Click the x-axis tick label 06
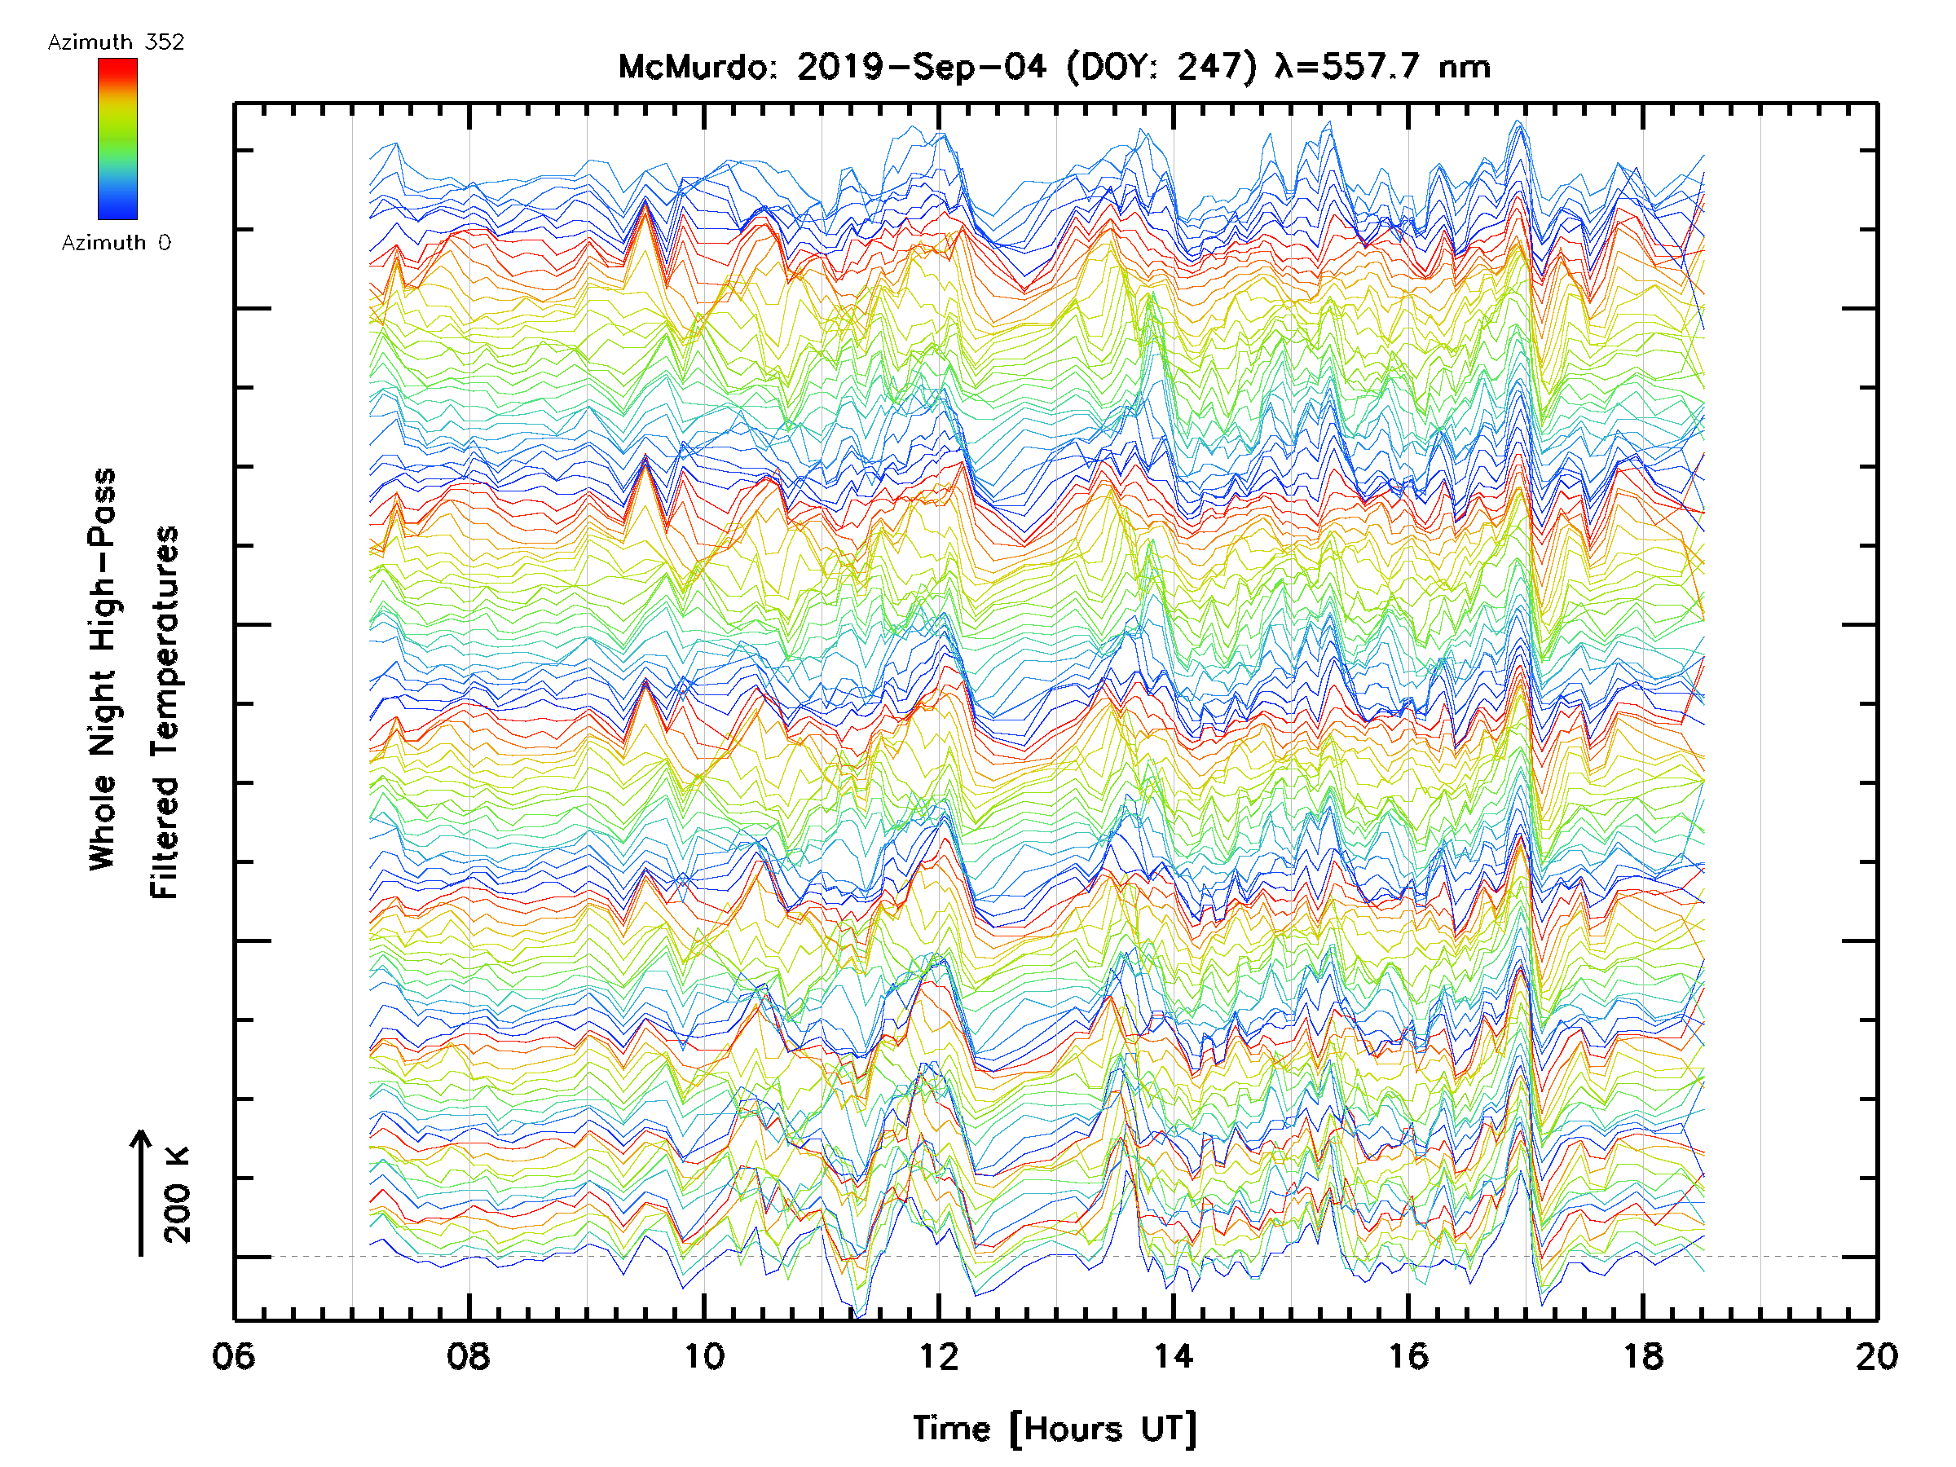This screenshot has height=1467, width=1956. click(233, 1356)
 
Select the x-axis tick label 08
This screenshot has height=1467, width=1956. click(468, 1356)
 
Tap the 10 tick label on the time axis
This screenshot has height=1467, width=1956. click(704, 1356)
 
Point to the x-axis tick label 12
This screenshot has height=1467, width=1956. click(938, 1356)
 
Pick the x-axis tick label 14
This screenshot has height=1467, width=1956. click(1173, 1356)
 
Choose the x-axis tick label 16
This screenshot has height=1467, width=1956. click(1408, 1356)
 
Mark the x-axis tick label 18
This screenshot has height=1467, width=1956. click(1642, 1356)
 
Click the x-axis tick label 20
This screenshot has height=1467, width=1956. click(1876, 1356)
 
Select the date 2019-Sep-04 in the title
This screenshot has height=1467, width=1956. click(922, 67)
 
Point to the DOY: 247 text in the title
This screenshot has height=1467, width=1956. click(1161, 67)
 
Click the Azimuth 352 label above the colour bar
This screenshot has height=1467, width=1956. click(116, 42)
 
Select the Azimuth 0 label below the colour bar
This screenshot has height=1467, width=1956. click(116, 242)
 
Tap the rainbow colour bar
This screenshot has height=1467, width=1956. click(117, 139)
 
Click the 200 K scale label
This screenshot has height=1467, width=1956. click(178, 1195)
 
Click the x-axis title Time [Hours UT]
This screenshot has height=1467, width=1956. click(1054, 1430)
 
